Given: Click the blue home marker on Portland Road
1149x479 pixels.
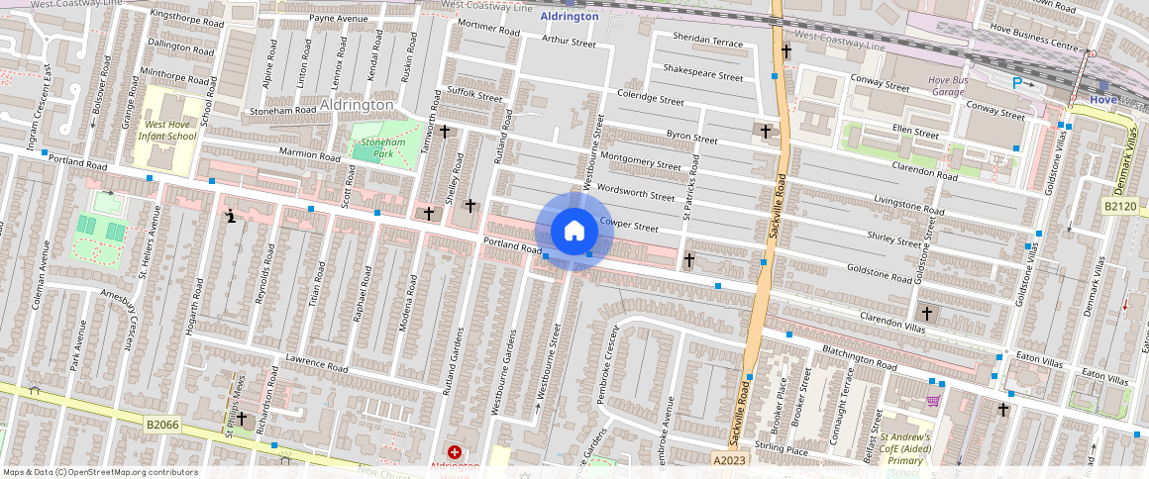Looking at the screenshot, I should click(x=574, y=232).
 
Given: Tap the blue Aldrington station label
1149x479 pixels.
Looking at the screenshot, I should click(x=570, y=17).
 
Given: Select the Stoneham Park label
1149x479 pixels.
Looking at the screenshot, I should click(x=377, y=148).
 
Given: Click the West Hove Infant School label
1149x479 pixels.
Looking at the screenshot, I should click(x=170, y=131).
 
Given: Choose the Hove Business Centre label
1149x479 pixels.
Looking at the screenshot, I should click(x=1029, y=46).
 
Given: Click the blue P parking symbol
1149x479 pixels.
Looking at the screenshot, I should click(x=1017, y=84).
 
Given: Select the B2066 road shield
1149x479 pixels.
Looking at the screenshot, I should click(x=162, y=425).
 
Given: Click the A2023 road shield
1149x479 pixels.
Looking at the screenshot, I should click(x=731, y=459).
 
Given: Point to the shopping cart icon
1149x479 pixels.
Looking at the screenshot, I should click(x=932, y=401).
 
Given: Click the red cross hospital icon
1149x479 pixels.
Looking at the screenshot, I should click(x=454, y=451).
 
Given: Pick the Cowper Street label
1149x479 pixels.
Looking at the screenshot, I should click(x=629, y=226).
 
